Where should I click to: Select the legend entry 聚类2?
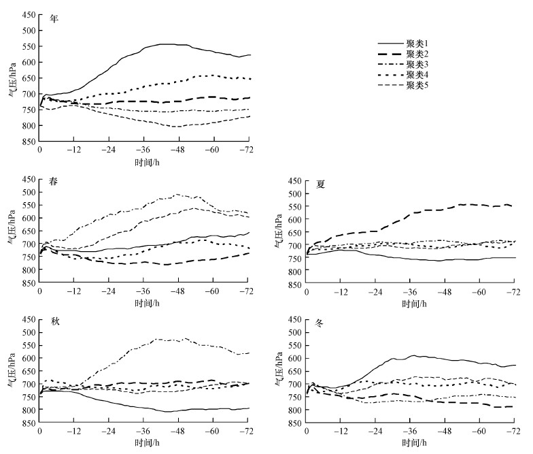click(416, 54)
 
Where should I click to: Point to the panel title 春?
click(54, 182)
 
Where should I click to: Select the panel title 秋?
click(54, 321)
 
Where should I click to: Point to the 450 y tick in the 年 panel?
click(29, 14)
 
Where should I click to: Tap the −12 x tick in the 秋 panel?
click(73, 432)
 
